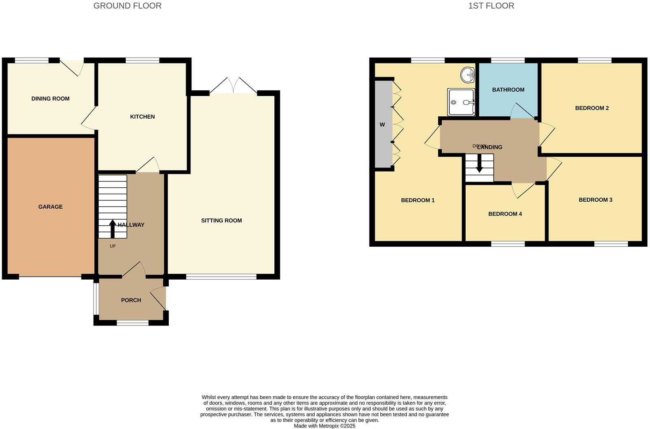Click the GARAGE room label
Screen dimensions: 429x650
click(x=50, y=207)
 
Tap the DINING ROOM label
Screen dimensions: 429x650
click(x=50, y=99)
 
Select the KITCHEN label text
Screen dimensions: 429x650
click(x=142, y=117)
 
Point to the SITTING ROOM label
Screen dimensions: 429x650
click(x=221, y=221)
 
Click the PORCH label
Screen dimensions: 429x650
click(x=131, y=300)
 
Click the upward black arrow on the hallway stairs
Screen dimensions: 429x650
click(x=112, y=229)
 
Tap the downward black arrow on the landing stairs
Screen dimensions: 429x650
click(x=479, y=164)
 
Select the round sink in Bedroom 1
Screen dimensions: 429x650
click(x=468, y=75)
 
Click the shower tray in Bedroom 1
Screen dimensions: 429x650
click(x=461, y=102)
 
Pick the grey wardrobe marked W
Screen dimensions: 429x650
click(x=383, y=124)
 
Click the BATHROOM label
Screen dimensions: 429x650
click(x=508, y=90)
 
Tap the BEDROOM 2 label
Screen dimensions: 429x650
click(x=592, y=108)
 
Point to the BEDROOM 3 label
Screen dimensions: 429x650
click(x=595, y=200)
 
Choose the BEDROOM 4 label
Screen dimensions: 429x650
click(x=505, y=214)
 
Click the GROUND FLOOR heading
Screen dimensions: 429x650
click(x=127, y=6)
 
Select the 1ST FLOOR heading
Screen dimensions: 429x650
click(x=491, y=6)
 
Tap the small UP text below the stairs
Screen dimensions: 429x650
click(x=113, y=246)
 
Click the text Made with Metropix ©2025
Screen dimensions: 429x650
click(x=324, y=426)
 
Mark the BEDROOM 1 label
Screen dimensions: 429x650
click(x=417, y=200)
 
